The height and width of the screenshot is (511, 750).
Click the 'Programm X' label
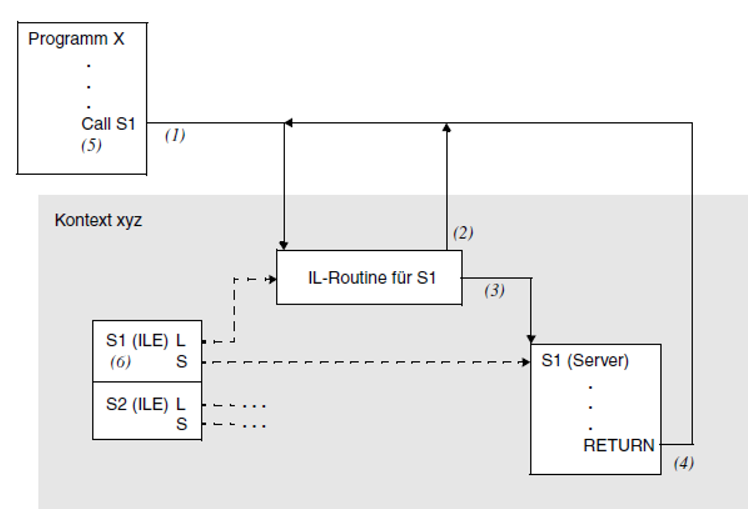coord(76,39)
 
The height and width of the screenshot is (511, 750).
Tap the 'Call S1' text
coord(108,124)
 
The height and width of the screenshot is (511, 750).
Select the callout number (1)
coord(175,135)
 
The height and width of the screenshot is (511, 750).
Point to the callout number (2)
coord(463,232)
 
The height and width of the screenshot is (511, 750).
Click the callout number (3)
coord(494,290)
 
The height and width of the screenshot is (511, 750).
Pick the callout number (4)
coord(684,463)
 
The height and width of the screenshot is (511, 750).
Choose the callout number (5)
coord(91,145)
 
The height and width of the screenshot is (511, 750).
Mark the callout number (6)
coord(121,362)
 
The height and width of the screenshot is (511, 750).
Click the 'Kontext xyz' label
coord(98,220)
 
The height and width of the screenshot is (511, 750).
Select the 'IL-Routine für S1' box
coord(369,278)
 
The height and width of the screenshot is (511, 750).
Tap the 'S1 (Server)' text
coord(585,360)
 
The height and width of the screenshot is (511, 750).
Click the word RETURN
coord(619,446)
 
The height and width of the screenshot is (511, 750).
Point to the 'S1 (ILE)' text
coord(137,340)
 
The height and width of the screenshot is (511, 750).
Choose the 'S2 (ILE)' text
coord(137,404)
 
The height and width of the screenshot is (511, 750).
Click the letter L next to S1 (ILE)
coord(180,340)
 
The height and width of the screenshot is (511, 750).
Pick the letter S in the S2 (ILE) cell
coord(181,424)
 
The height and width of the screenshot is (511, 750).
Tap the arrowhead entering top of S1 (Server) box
coord(531,339)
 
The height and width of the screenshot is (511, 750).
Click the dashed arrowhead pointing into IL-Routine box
coord(272,279)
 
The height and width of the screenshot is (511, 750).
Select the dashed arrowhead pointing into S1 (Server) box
coord(526,362)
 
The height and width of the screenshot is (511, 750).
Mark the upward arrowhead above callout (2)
coord(447,128)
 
